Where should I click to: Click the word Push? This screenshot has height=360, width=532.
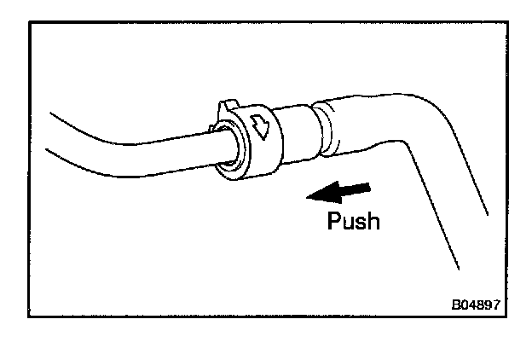(x=354, y=221)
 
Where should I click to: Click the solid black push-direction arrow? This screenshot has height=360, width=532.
(x=339, y=192)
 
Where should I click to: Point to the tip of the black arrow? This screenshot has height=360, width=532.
(x=309, y=197)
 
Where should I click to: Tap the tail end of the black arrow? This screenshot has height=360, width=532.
(x=370, y=185)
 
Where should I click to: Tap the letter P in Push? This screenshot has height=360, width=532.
(x=335, y=221)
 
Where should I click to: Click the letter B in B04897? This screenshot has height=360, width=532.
(x=456, y=304)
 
